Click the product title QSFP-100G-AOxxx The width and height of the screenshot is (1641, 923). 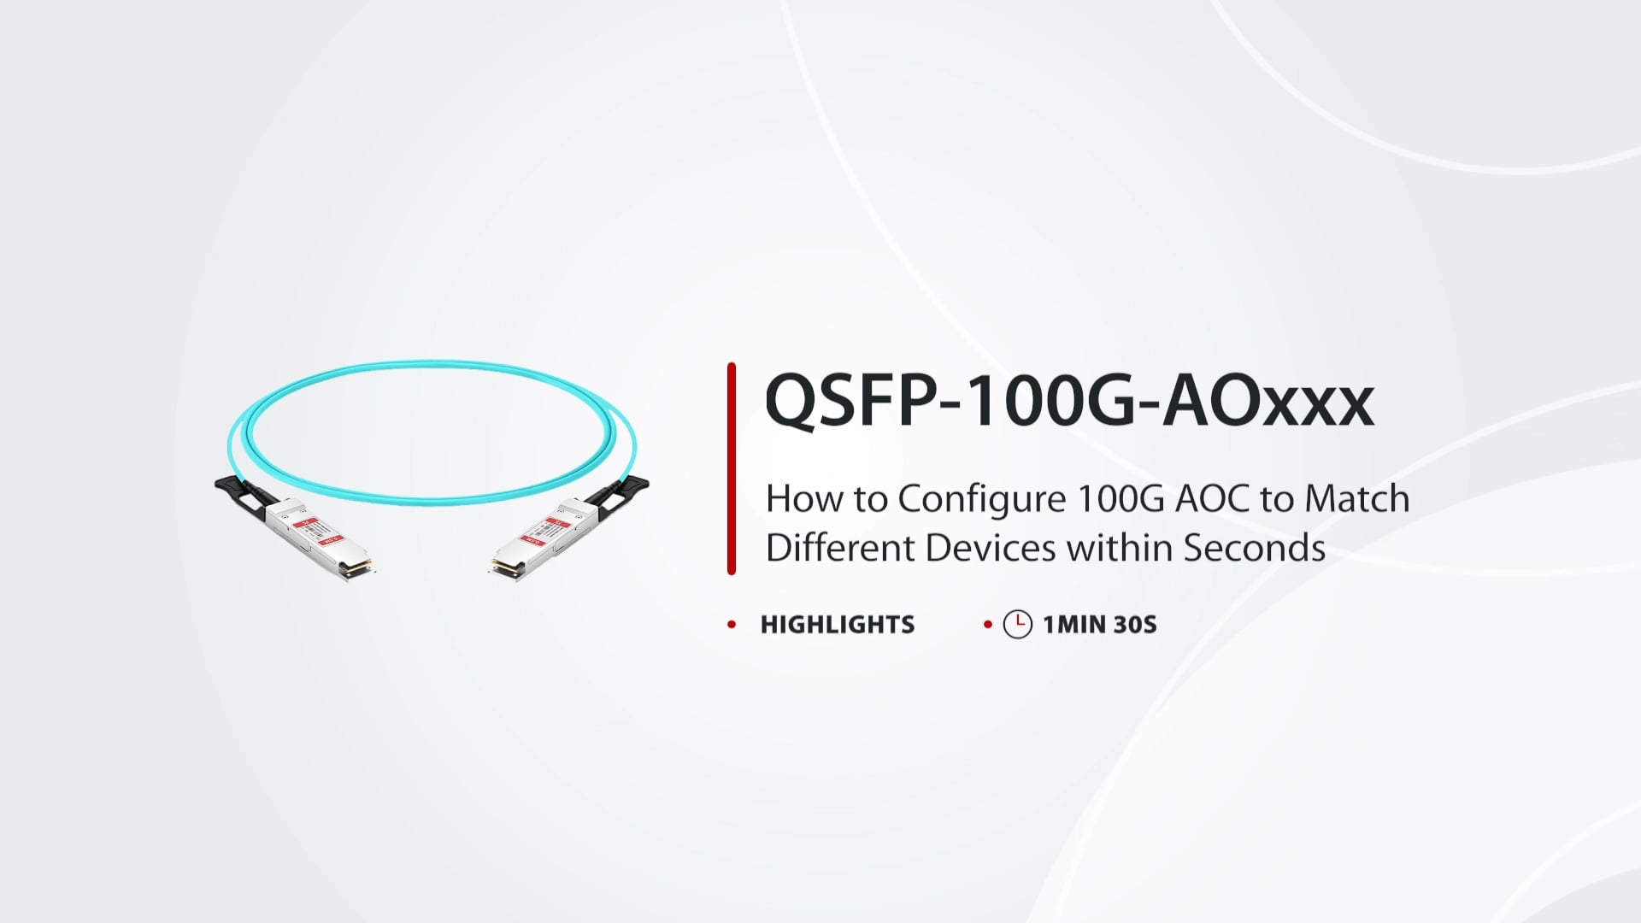1069,400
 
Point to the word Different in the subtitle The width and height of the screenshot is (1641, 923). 839,548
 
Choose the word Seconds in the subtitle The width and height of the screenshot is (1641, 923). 1254,548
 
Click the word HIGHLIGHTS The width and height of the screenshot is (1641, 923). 838,625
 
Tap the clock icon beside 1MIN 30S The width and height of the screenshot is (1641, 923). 1017,625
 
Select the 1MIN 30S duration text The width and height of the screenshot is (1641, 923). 1100,625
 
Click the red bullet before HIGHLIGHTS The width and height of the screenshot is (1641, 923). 732,625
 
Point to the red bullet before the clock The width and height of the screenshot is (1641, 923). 988,625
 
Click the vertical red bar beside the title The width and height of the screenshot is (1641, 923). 732,468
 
